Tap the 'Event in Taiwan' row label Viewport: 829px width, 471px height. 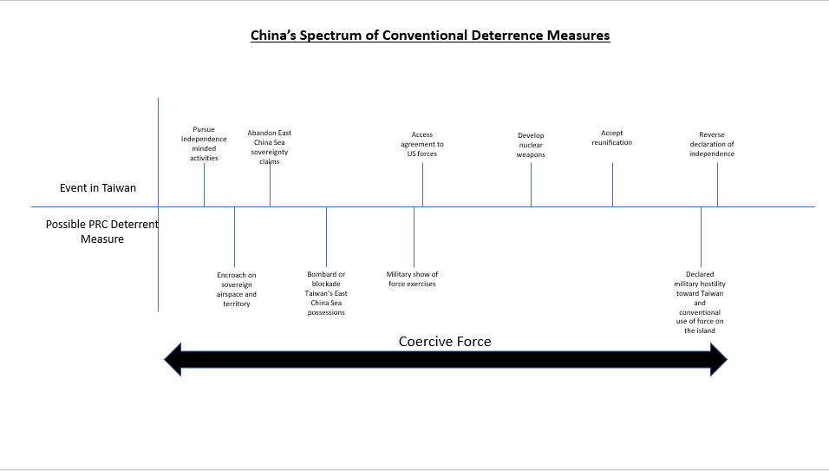coord(98,187)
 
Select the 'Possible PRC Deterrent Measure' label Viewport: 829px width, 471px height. coord(102,232)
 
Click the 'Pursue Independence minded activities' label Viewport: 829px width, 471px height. coord(204,143)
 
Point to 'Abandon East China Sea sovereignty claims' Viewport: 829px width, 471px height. coord(269,147)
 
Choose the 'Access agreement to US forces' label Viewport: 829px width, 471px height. coord(422,144)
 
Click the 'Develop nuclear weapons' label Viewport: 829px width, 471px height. coord(531,145)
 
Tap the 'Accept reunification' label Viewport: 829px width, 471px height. coord(611,137)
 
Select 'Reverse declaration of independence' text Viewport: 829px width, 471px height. coord(712,144)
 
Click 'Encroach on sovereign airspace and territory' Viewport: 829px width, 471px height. coord(237,289)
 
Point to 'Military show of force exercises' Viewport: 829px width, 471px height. coord(412,278)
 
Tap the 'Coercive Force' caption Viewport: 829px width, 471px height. coord(445,342)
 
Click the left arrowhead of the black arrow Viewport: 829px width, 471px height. coord(173,359)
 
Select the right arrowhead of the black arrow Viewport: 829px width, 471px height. coord(719,359)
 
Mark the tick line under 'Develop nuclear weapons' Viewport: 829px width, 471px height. coord(531,185)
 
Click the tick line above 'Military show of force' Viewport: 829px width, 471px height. coord(414,237)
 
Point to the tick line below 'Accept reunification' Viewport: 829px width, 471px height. coord(612,185)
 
